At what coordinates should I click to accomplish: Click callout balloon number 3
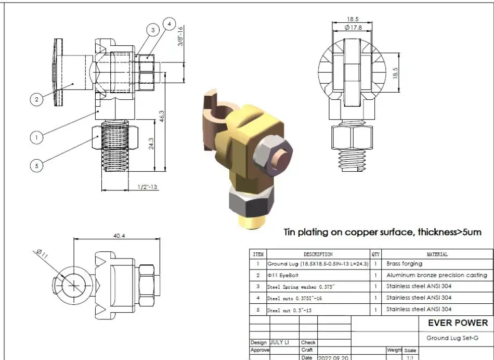(x=153, y=30)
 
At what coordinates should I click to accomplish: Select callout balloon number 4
(x=169, y=23)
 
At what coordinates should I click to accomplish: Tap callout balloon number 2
(x=36, y=99)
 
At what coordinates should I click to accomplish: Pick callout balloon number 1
(x=36, y=137)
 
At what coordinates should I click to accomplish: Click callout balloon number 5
(x=36, y=166)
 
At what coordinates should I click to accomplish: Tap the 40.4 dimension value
(x=119, y=236)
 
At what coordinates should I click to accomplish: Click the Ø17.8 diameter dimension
(x=353, y=27)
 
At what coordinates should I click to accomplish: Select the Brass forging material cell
(x=404, y=264)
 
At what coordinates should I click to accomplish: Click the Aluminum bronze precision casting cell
(x=436, y=275)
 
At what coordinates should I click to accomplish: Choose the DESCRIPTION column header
(x=318, y=254)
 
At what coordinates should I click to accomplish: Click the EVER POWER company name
(x=458, y=323)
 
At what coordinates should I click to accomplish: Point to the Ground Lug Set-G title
(x=452, y=338)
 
